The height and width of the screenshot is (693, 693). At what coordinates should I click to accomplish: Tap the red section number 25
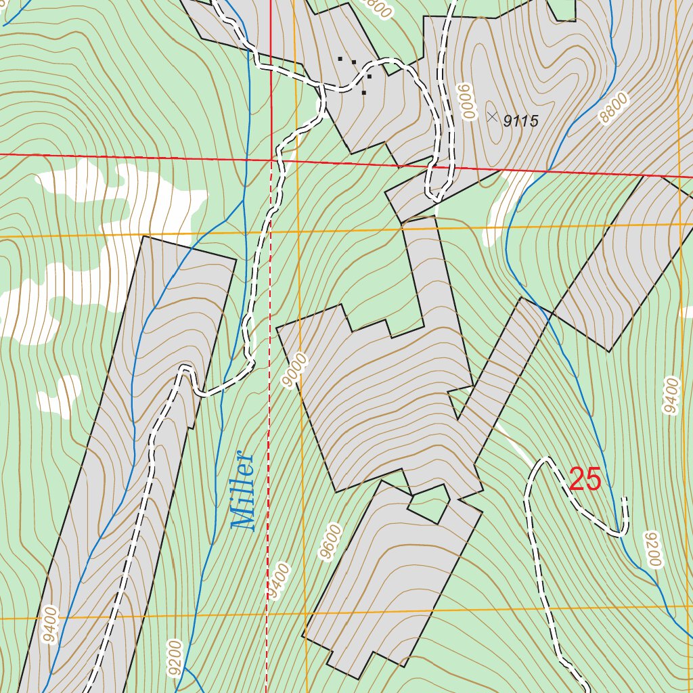coord(585,480)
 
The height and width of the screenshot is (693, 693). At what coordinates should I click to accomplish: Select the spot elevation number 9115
coord(520,121)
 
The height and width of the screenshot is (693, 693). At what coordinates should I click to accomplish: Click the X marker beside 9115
coord(492,116)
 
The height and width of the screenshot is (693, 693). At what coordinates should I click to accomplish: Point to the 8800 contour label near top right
coord(614,108)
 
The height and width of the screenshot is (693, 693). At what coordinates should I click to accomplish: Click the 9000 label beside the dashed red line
coord(296,371)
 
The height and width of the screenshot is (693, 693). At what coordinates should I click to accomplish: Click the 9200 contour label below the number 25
coord(651,549)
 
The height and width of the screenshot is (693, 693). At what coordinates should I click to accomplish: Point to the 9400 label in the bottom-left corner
coord(51,626)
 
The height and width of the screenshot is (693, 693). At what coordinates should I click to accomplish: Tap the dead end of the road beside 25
coord(625,499)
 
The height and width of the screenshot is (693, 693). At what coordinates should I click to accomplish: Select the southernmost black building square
coord(364,93)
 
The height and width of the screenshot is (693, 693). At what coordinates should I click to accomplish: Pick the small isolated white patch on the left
coord(60,394)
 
